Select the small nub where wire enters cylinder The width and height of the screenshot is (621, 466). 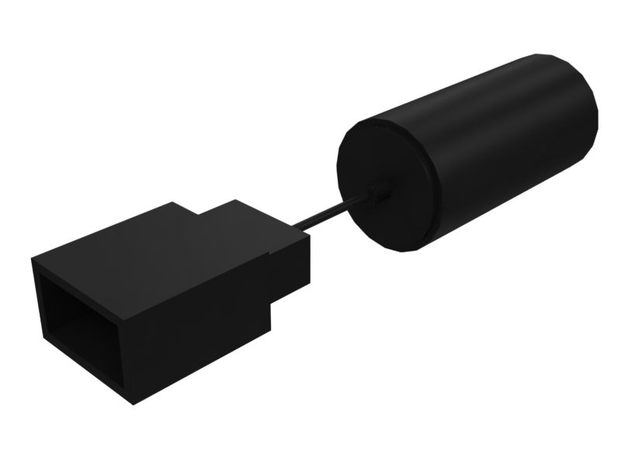(377, 193)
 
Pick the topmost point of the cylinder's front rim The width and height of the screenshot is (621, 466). (373, 119)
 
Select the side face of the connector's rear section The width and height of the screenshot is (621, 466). (291, 268)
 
